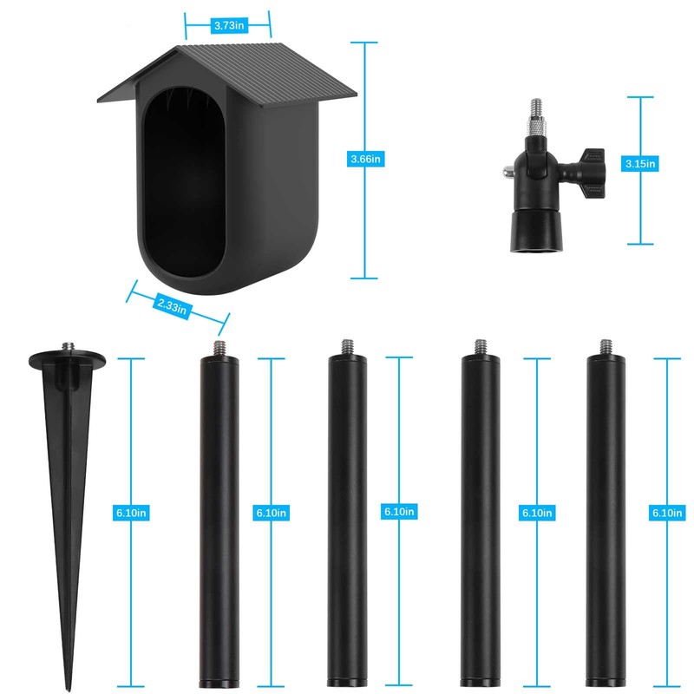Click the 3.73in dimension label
[227, 26]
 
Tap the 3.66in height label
[365, 159]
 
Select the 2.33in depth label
[172, 304]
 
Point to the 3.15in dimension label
[641, 162]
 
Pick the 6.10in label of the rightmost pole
[666, 513]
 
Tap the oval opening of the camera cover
[185, 182]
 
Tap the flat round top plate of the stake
[67, 357]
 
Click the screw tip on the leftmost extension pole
[219, 346]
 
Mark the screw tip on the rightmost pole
[605, 344]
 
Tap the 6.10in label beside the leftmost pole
[271, 513]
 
